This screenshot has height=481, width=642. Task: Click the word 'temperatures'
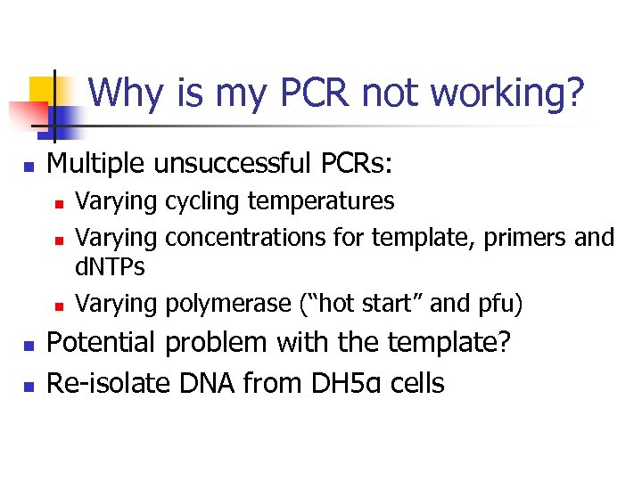point(321,202)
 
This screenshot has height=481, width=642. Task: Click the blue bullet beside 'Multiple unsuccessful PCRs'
point(29,166)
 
